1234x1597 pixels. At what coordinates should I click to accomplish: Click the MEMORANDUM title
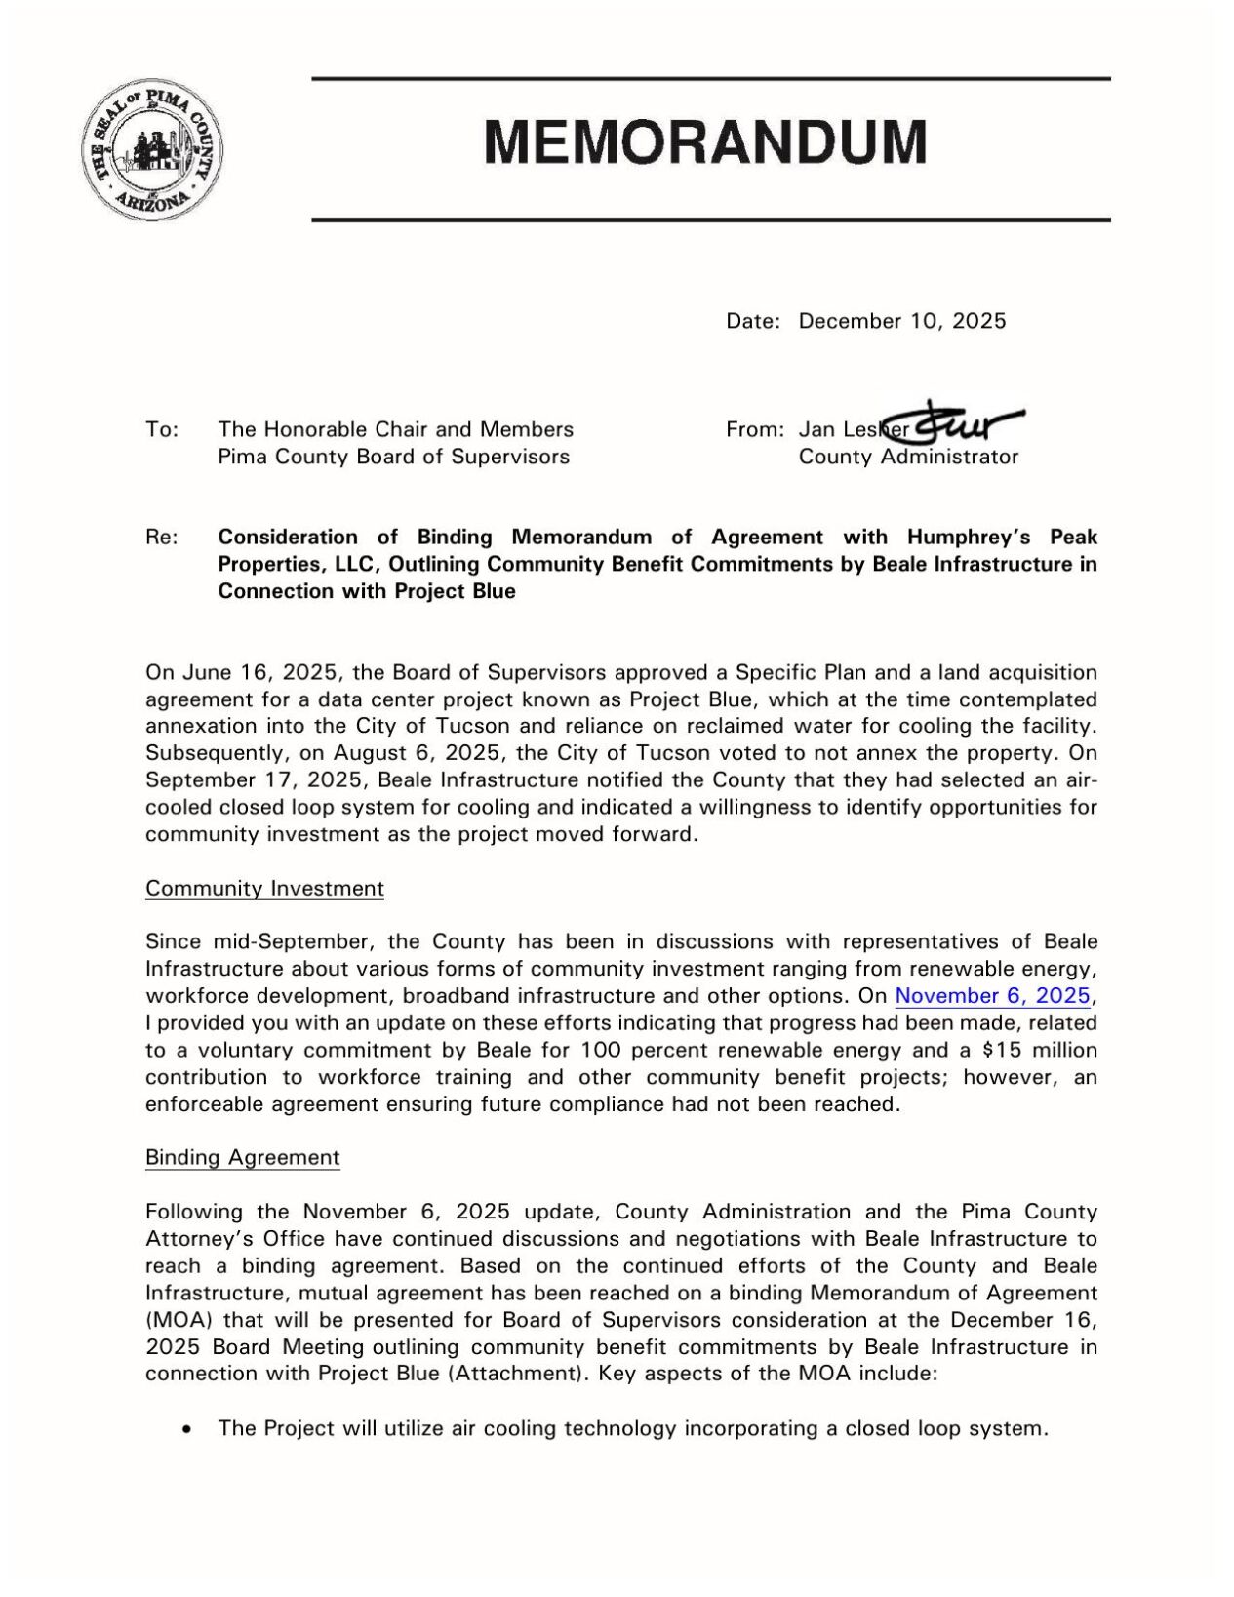pyautogui.click(x=705, y=141)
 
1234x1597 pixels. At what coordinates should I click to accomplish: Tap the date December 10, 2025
pyautogui.click(x=901, y=321)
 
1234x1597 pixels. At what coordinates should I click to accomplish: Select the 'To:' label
pyautogui.click(x=161, y=429)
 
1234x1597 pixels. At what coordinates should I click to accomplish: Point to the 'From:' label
pyautogui.click(x=754, y=429)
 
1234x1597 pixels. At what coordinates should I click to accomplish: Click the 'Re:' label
pyautogui.click(x=161, y=537)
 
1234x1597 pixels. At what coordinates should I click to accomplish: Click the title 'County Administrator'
pyautogui.click(x=907, y=457)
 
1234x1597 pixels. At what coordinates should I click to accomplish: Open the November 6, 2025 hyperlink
pyautogui.click(x=992, y=996)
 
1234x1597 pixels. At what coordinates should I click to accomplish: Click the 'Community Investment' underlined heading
pyautogui.click(x=264, y=889)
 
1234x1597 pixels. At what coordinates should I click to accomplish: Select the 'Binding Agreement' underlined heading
pyautogui.click(x=242, y=1158)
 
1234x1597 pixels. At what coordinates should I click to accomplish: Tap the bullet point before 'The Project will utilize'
pyautogui.click(x=186, y=1429)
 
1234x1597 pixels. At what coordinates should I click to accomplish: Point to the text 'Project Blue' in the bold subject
pyautogui.click(x=455, y=591)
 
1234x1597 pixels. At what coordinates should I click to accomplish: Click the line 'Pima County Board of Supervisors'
pyautogui.click(x=393, y=457)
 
